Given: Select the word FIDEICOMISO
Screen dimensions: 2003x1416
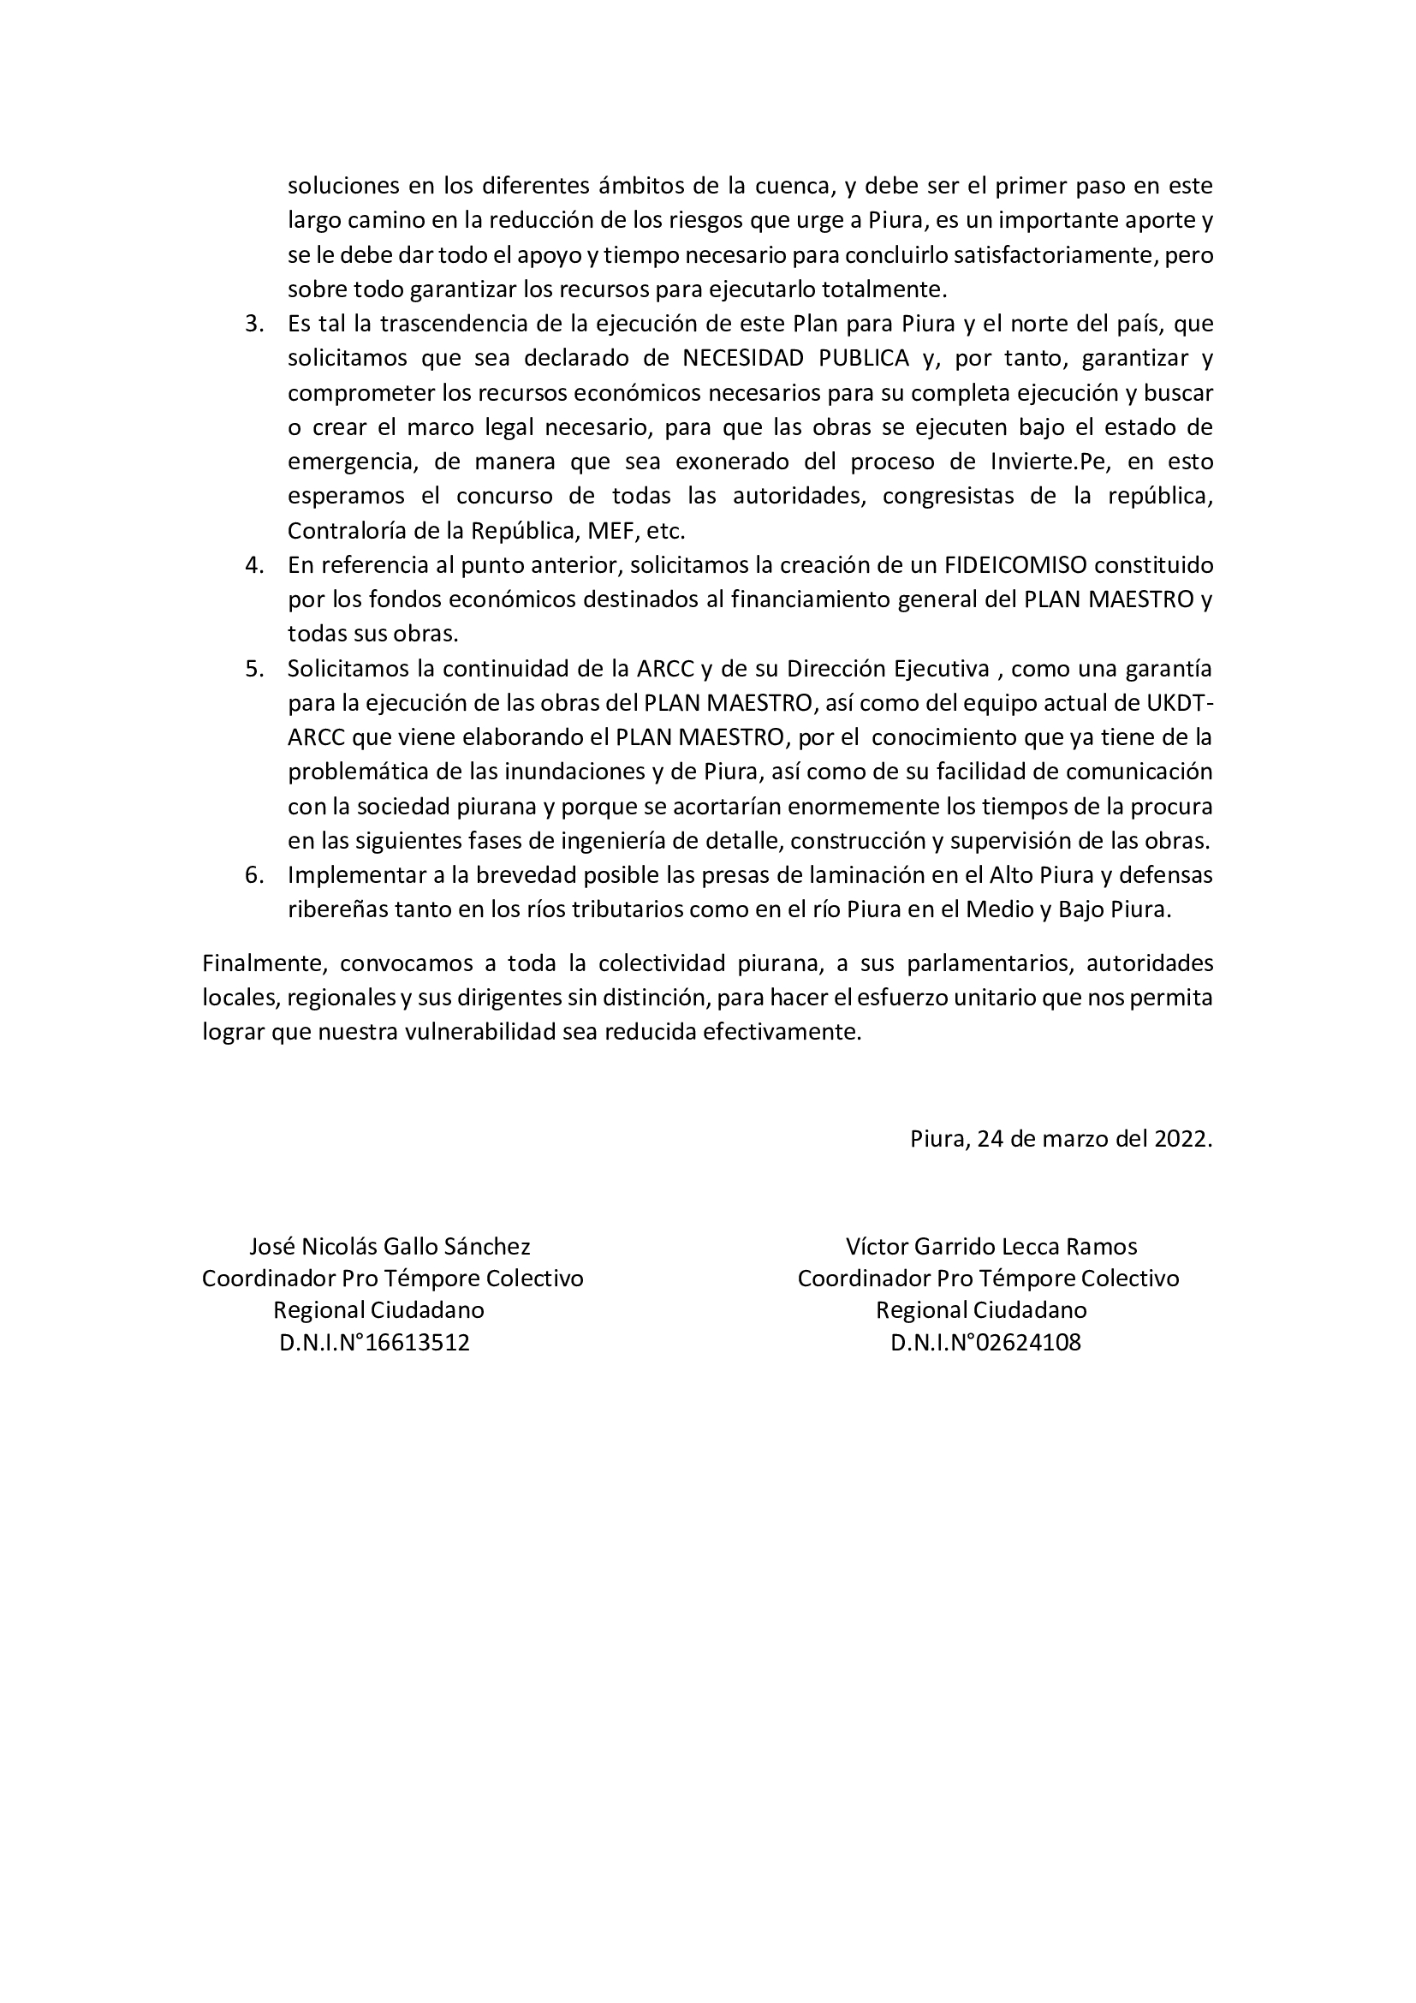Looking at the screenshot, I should click(1015, 565).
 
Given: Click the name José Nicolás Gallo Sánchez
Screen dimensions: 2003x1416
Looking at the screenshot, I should click(390, 1247).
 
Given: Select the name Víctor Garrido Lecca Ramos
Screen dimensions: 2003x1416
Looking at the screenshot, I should click(991, 1247).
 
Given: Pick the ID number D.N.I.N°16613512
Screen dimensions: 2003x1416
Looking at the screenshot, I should click(374, 1343).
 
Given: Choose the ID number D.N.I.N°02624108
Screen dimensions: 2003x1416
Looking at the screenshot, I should click(985, 1343).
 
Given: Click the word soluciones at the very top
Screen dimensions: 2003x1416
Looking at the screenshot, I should click(343, 186).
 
